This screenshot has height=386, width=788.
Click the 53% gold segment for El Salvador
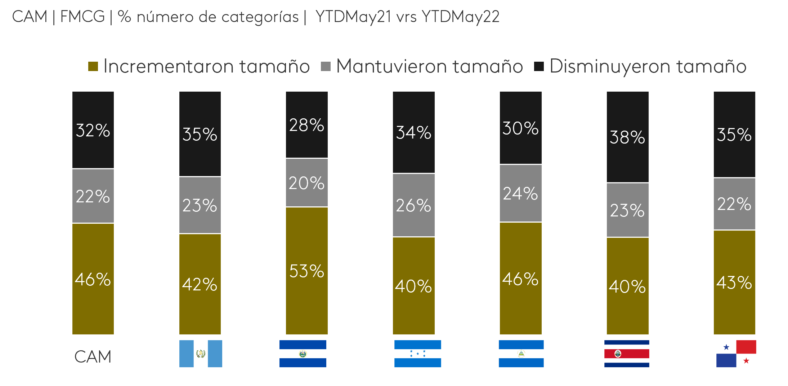tap(306, 271)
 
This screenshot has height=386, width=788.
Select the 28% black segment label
tap(306, 125)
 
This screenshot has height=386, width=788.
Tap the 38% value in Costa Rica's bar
tap(627, 137)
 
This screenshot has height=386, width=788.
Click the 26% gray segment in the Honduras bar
tap(413, 205)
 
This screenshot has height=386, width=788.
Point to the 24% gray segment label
tap(520, 193)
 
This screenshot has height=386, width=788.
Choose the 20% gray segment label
tap(306, 183)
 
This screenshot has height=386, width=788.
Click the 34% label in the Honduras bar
tap(413, 132)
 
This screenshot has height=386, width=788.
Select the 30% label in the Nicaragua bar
tap(520, 128)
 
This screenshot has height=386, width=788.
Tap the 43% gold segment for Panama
tap(734, 282)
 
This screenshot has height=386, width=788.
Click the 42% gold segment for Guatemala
tap(200, 284)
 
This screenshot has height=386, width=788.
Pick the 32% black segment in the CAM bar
tap(93, 130)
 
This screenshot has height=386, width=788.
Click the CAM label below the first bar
tap(93, 357)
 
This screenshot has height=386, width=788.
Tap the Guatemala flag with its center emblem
tap(201, 354)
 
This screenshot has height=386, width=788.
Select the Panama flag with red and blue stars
tap(736, 354)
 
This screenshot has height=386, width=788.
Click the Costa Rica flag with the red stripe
tap(627, 354)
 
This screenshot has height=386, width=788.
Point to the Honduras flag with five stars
tap(417, 354)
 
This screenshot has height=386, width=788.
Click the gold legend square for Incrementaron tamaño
tap(93, 66)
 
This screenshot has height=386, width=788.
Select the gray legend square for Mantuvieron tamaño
tap(326, 66)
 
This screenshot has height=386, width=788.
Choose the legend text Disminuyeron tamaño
tap(648, 66)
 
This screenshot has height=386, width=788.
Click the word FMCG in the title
tap(82, 17)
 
